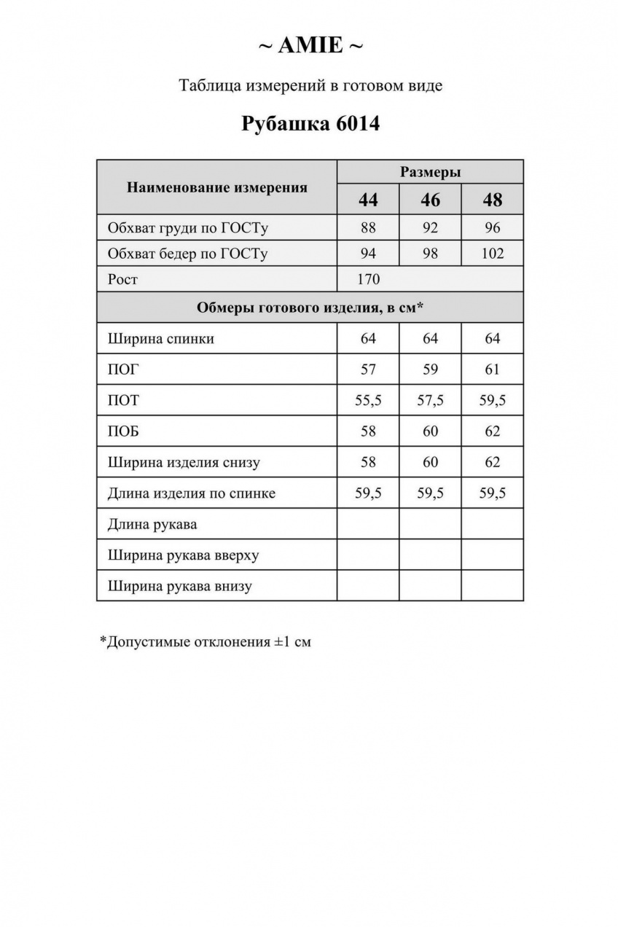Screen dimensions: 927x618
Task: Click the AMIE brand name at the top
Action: pos(310,46)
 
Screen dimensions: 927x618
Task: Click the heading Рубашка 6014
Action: pos(310,123)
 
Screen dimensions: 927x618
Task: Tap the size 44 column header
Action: pos(368,200)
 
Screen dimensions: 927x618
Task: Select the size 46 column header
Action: pos(430,200)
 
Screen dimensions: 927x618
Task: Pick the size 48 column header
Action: pos(492,200)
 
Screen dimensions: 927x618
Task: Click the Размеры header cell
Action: pos(430,173)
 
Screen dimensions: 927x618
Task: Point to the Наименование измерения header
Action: pos(217,187)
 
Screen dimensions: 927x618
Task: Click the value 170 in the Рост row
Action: pos(368,279)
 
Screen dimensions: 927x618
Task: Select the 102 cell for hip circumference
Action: pos(492,254)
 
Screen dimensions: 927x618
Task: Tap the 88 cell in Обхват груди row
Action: pos(368,228)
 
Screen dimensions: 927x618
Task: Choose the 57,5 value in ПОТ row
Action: pos(430,401)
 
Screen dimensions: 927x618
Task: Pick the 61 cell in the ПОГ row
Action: pos(492,369)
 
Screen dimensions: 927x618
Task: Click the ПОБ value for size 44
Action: pos(368,431)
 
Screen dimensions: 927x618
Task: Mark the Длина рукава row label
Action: pos(152,524)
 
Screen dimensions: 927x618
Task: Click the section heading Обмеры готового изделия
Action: pos(310,308)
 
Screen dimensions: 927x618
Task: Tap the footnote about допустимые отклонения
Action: pos(206,642)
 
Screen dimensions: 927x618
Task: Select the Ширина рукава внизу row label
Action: pos(179,586)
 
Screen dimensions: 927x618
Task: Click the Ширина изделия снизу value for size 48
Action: pos(492,462)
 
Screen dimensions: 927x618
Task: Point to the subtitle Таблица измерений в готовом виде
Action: pos(310,86)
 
